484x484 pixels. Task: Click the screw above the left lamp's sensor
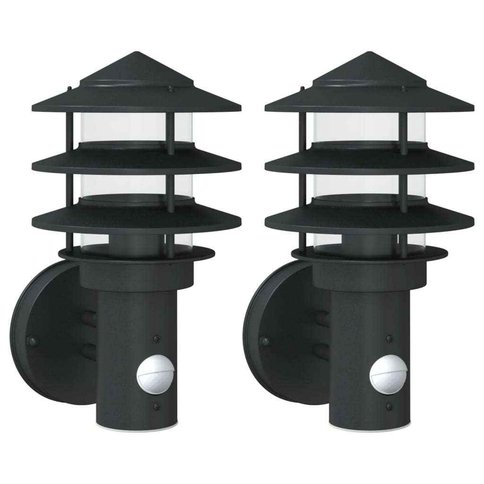(156, 338)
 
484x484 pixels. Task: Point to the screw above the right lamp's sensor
(389, 338)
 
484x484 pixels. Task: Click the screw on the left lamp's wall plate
(32, 340)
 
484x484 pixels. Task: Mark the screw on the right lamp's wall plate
(265, 340)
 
